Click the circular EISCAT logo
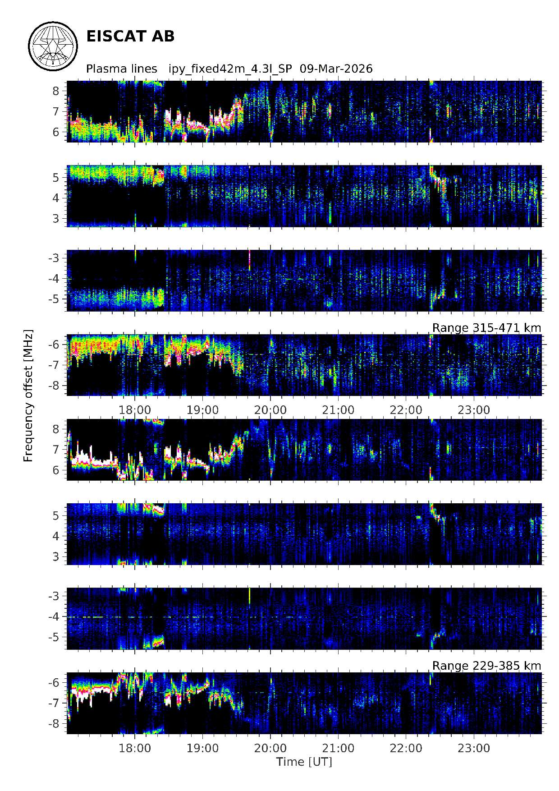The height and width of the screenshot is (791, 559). pyautogui.click(x=53, y=46)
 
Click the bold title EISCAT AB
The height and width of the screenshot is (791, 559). pyautogui.click(x=130, y=37)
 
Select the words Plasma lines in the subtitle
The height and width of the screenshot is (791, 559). pyautogui.click(x=121, y=69)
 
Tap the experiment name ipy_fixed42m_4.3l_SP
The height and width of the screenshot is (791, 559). pyautogui.click(x=230, y=69)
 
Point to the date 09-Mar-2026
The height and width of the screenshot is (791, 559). pyautogui.click(x=336, y=69)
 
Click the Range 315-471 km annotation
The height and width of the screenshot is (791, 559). pyautogui.click(x=486, y=328)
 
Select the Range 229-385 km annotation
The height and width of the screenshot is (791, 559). pyautogui.click(x=486, y=666)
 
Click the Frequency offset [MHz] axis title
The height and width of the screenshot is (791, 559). pyautogui.click(x=28, y=395)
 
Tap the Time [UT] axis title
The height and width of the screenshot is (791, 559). pyautogui.click(x=304, y=762)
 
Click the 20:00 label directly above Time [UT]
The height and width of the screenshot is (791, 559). pyautogui.click(x=270, y=748)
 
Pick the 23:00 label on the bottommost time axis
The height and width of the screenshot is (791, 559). pyautogui.click(x=473, y=748)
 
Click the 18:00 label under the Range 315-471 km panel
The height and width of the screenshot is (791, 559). pyautogui.click(x=135, y=410)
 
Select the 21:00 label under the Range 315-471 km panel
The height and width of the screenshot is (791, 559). pyautogui.click(x=338, y=410)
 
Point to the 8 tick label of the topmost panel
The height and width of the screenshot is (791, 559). pyautogui.click(x=56, y=91)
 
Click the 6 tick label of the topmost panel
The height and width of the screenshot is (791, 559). pyautogui.click(x=56, y=132)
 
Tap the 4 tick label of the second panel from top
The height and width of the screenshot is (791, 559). pyautogui.click(x=56, y=198)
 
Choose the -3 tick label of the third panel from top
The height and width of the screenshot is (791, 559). pyautogui.click(x=54, y=258)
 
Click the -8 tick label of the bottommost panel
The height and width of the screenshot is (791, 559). pyautogui.click(x=54, y=723)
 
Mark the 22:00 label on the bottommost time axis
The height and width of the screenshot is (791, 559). pyautogui.click(x=406, y=748)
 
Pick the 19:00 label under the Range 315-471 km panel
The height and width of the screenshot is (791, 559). pyautogui.click(x=202, y=410)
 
